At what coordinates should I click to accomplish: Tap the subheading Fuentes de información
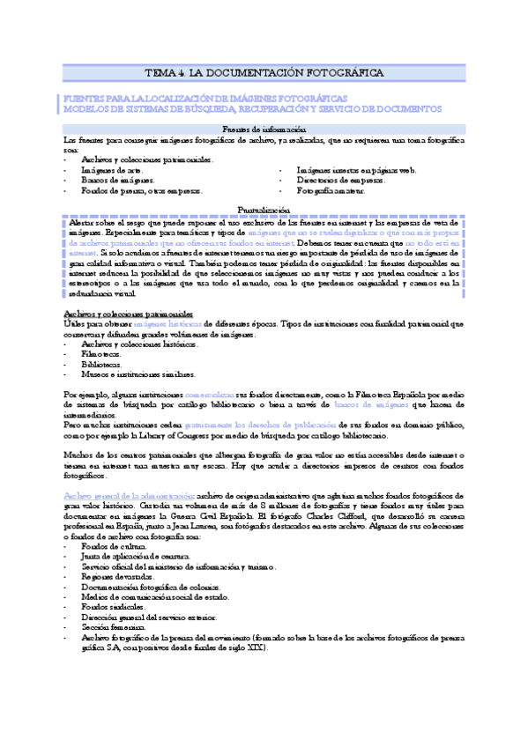coord(264,129)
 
